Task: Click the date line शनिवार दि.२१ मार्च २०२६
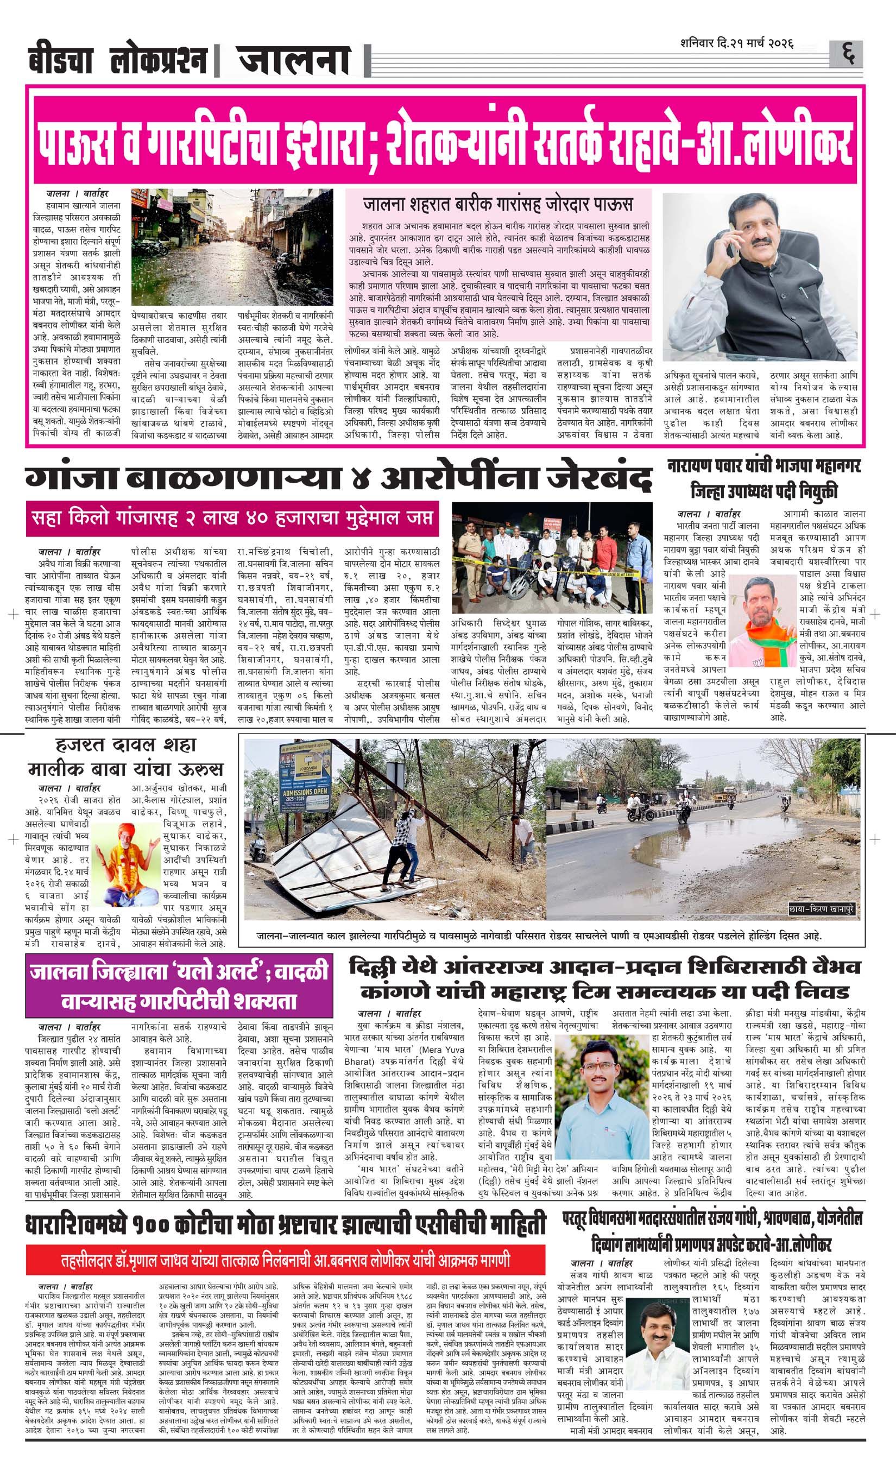(738, 45)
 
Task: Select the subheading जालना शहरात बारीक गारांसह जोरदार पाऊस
(498, 205)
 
